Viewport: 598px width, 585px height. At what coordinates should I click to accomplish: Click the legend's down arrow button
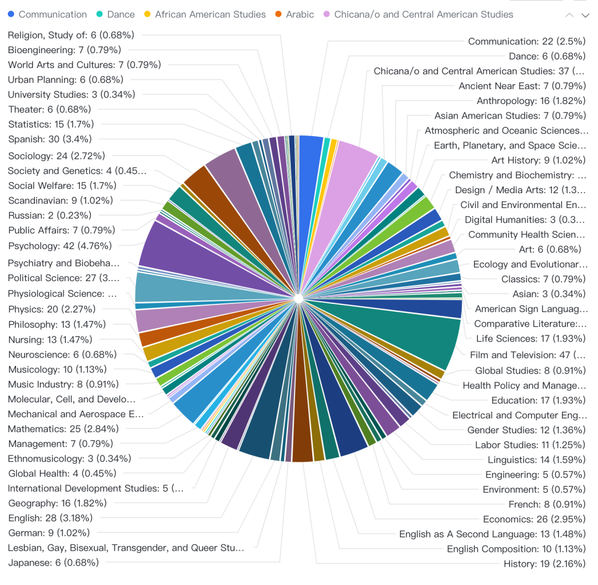pyautogui.click(x=585, y=15)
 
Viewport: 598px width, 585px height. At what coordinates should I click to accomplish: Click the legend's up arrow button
pyautogui.click(x=569, y=15)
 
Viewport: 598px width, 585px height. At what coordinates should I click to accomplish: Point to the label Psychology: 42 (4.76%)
pyautogui.click(x=60, y=246)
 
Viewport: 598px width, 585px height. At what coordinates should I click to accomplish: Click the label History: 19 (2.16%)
pyautogui.click(x=544, y=564)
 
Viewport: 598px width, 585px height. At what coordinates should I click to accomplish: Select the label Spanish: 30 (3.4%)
pyautogui.click(x=50, y=139)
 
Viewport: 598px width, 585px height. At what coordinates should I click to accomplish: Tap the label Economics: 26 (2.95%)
pyautogui.click(x=534, y=519)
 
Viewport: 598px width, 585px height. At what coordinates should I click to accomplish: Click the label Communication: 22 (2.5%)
pyautogui.click(x=527, y=42)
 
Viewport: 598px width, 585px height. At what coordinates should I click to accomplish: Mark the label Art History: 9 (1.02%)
pyautogui.click(x=538, y=161)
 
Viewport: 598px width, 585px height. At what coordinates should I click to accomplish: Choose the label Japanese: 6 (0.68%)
pyautogui.click(x=53, y=563)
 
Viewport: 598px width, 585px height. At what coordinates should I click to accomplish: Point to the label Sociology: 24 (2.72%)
pyautogui.click(x=56, y=156)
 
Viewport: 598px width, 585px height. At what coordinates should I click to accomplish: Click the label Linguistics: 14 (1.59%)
pyautogui.click(x=537, y=460)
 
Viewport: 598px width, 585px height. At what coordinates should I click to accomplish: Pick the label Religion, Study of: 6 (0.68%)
pyautogui.click(x=71, y=35)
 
